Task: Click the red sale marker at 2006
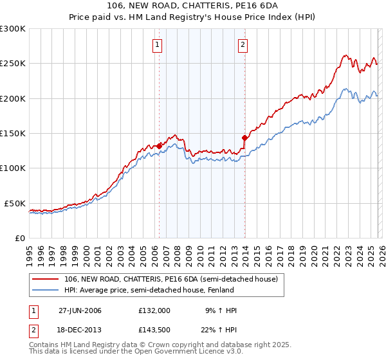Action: (x=159, y=146)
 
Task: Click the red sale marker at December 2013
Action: (x=244, y=138)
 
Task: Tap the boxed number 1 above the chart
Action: (x=158, y=45)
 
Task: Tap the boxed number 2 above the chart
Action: (x=243, y=45)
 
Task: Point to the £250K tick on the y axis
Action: (x=13, y=64)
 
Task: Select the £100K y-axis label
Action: (x=13, y=168)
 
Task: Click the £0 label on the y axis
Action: (x=19, y=238)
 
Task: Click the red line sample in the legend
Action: (x=46, y=279)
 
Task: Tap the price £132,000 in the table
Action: (x=154, y=310)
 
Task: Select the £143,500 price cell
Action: (x=154, y=330)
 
